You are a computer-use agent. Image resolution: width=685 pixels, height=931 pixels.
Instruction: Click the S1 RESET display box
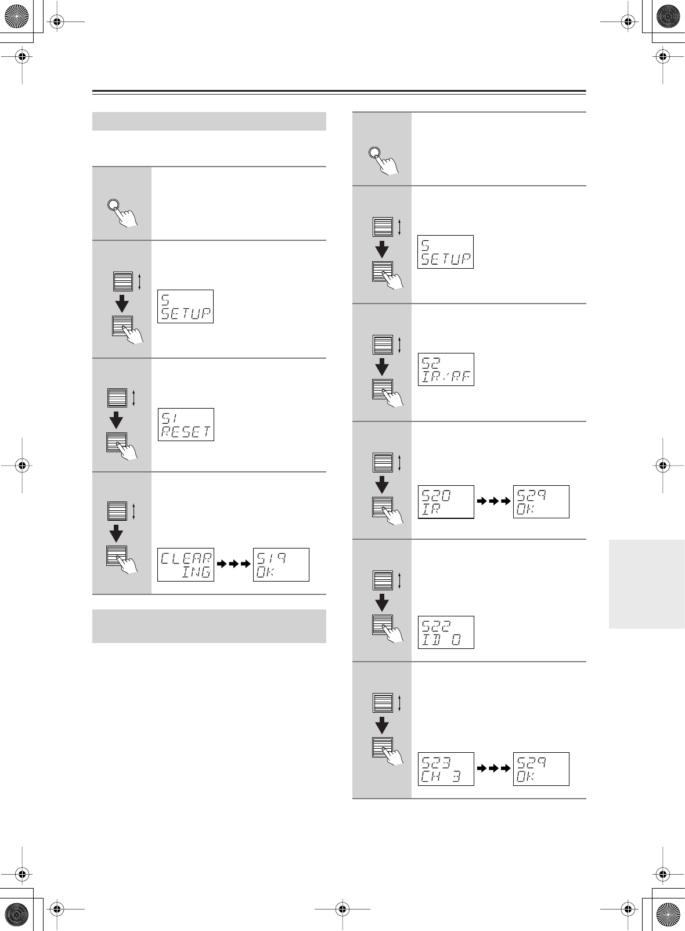(x=186, y=424)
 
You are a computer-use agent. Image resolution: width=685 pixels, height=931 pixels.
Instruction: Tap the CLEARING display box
(x=186, y=564)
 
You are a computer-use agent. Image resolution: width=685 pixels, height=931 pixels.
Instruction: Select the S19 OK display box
(x=281, y=564)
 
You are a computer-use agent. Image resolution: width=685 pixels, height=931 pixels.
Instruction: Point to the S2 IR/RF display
(x=446, y=369)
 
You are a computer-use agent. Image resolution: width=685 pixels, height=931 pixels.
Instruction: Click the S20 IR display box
(x=446, y=501)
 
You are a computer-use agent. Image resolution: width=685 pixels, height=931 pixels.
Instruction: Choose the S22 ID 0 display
(x=446, y=632)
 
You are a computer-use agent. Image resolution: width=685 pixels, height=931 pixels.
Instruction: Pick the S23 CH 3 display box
(x=446, y=768)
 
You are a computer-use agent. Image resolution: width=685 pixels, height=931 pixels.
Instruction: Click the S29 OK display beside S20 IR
(x=541, y=501)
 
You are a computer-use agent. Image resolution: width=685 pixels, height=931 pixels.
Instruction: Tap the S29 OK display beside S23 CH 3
(x=541, y=768)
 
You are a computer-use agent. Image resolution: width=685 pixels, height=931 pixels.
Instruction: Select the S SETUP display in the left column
(x=185, y=306)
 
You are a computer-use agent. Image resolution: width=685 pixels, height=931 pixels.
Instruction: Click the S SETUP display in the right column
(x=445, y=252)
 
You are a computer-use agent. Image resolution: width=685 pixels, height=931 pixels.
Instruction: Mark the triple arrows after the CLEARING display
(x=233, y=564)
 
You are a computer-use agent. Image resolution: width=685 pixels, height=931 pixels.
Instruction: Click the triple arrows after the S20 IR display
(x=493, y=501)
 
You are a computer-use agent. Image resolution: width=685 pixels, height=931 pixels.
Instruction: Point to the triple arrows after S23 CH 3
(x=493, y=768)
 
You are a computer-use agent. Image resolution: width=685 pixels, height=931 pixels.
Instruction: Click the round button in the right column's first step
(x=374, y=154)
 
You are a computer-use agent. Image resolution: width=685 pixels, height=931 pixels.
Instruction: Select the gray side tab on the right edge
(x=647, y=583)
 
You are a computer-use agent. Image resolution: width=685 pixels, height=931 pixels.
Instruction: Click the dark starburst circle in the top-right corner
(x=668, y=17)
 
